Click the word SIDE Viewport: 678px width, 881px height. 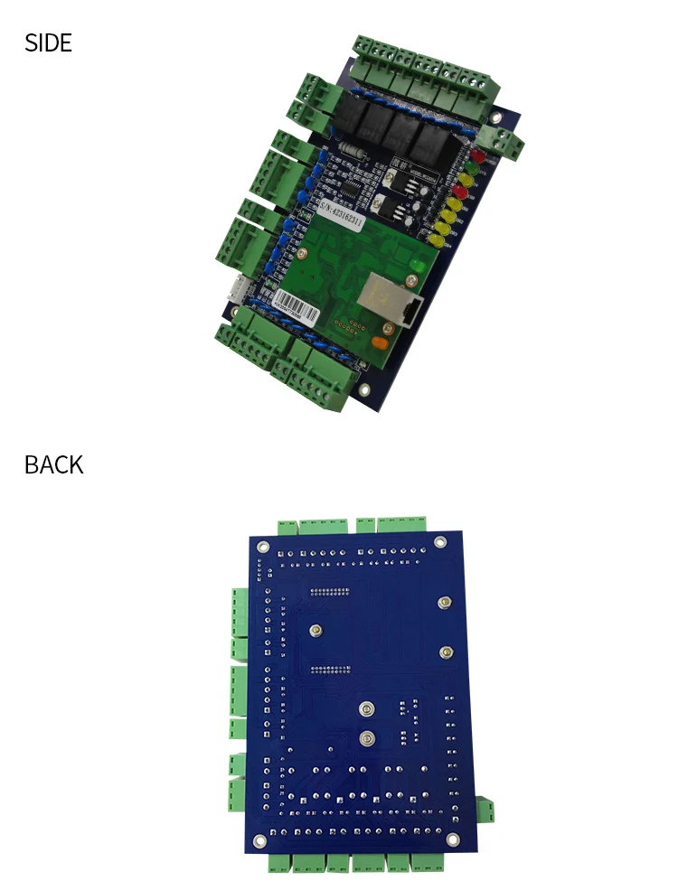point(48,42)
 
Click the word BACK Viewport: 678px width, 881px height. point(53,464)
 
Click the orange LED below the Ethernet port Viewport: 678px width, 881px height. point(380,342)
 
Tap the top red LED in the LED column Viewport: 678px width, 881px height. point(477,155)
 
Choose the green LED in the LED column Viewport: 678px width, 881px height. point(471,169)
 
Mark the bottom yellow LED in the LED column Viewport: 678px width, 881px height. point(437,241)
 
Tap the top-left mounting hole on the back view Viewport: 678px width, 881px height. point(262,546)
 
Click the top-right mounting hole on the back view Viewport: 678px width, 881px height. point(440,542)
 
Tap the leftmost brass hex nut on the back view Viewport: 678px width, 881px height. point(315,631)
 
